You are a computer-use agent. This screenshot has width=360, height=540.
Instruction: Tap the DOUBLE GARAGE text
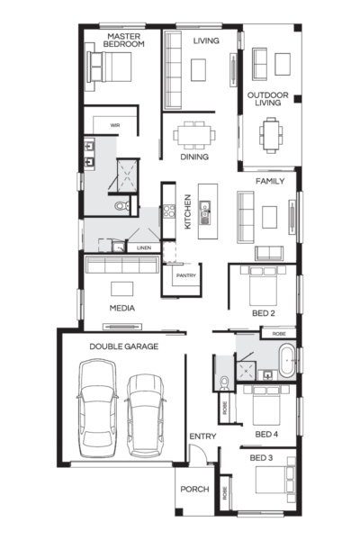[123, 346]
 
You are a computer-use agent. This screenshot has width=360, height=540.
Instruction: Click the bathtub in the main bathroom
[285, 359]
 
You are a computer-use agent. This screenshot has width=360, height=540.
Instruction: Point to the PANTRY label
[186, 275]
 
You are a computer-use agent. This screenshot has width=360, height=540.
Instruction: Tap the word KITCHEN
[187, 212]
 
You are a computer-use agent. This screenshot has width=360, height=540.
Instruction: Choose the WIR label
[115, 125]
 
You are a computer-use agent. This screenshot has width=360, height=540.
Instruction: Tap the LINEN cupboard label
[143, 247]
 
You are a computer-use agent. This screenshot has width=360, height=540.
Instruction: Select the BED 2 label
[264, 312]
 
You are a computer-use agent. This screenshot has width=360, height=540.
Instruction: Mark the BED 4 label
[265, 435]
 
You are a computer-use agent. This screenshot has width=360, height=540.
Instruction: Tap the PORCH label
[193, 490]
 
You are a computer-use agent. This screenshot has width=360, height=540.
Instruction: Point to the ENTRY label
[202, 437]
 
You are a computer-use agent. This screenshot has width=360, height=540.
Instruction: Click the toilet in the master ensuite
[122, 207]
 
